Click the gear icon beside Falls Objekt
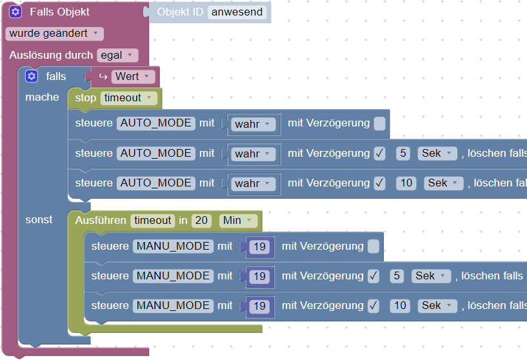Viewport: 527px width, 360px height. tap(16, 12)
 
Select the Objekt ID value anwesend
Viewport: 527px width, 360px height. tap(237, 12)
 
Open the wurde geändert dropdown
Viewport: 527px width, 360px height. tap(54, 34)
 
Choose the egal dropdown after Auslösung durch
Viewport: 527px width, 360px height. tap(117, 55)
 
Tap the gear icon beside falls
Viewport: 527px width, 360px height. tap(32, 77)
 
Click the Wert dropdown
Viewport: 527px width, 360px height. tap(134, 77)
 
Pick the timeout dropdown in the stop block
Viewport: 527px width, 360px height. tap(129, 98)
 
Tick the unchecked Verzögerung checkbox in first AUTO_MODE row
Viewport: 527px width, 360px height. tap(380, 123)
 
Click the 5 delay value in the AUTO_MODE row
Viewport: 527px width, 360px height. tap(403, 154)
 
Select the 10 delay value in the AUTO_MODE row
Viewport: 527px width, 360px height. tap(406, 183)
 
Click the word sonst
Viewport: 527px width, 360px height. tap(39, 220)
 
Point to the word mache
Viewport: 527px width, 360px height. tap(42, 97)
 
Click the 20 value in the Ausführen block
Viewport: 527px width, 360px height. tap(202, 221)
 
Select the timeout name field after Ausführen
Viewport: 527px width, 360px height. tap(152, 221)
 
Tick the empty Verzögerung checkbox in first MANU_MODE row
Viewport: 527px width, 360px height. tap(373, 246)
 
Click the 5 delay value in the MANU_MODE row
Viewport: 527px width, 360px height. tap(397, 276)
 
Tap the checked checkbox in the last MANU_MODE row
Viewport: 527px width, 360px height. tap(373, 306)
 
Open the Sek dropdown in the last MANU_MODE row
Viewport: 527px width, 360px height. tap(437, 306)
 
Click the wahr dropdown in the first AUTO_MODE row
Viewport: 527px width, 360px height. tap(254, 123)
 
